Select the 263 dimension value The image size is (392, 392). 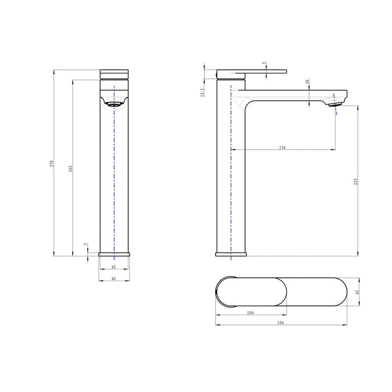[70, 169]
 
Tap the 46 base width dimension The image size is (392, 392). [114, 278]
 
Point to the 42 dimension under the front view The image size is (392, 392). [114, 268]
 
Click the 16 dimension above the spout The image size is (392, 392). [307, 82]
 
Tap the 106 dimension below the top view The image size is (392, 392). [250, 312]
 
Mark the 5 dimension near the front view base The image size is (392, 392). [85, 244]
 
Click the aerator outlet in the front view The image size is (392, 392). [114, 104]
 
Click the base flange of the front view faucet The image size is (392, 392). [114, 254]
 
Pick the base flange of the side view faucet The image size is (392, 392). [231, 254]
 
